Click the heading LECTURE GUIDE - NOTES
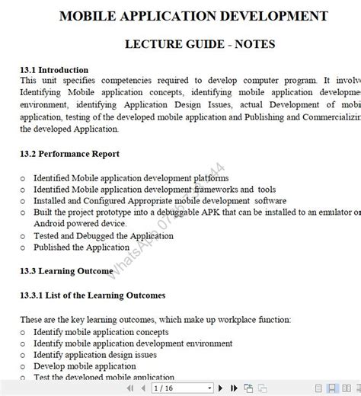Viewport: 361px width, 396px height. point(200,44)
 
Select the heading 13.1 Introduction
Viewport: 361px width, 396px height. point(54,70)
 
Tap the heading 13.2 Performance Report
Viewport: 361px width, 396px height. point(69,154)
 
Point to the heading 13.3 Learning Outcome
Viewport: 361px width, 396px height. point(67,270)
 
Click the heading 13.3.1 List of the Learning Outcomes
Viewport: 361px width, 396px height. point(92,295)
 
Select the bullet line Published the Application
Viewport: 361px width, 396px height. point(81,247)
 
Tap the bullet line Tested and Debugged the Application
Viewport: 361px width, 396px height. point(103,236)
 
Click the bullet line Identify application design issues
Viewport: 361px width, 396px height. point(94,355)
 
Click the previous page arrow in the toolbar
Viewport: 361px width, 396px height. point(144,388)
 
